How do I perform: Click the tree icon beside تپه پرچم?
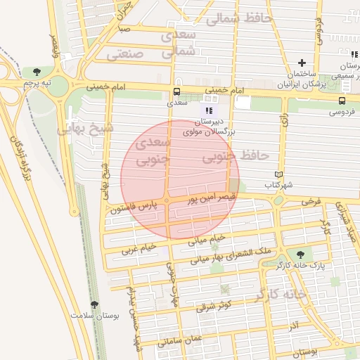tap(36, 71)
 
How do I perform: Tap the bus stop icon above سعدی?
tap(176, 91)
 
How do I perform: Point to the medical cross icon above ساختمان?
tap(303, 63)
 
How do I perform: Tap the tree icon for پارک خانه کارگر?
tap(301, 254)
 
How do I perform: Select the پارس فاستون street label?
tap(136, 206)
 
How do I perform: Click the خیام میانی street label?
tap(207, 239)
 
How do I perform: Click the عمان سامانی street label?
tap(179, 340)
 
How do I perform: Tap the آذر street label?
tap(293, 328)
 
